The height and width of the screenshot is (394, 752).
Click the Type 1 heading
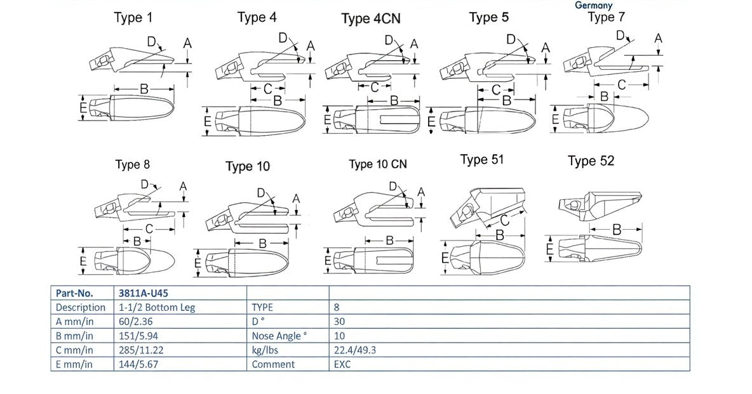click(133, 18)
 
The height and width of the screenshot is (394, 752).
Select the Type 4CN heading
click(371, 18)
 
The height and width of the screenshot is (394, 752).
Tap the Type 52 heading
click(591, 161)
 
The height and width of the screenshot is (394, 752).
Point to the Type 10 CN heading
click(377, 164)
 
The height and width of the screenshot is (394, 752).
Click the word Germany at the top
click(593, 5)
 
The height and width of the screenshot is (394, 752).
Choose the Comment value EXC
click(342, 364)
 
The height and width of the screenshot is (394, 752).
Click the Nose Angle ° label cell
click(279, 336)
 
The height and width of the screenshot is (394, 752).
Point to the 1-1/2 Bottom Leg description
click(156, 307)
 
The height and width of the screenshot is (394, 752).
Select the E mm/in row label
click(74, 364)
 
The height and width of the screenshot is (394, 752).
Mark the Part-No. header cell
click(75, 292)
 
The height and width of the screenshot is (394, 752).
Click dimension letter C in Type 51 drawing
click(504, 220)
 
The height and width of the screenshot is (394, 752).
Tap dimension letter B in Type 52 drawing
click(616, 230)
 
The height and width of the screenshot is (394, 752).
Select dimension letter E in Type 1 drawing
click(83, 109)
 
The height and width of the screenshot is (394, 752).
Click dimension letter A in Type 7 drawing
click(658, 39)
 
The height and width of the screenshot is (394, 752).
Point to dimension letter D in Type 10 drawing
click(262, 193)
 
